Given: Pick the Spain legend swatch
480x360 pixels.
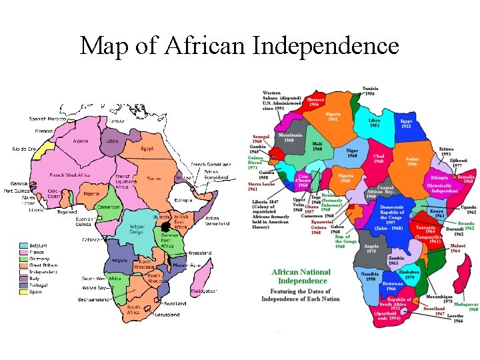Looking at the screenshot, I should [x=23, y=291].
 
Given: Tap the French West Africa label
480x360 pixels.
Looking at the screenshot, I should [x=70, y=175].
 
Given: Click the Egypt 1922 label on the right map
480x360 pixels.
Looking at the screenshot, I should [x=406, y=124].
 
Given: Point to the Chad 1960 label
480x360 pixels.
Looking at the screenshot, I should [x=378, y=159].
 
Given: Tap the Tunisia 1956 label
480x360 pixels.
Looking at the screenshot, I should [x=371, y=91].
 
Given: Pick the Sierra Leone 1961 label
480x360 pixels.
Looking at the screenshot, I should [x=262, y=186].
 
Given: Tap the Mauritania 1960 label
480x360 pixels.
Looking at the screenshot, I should [x=289, y=137].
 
